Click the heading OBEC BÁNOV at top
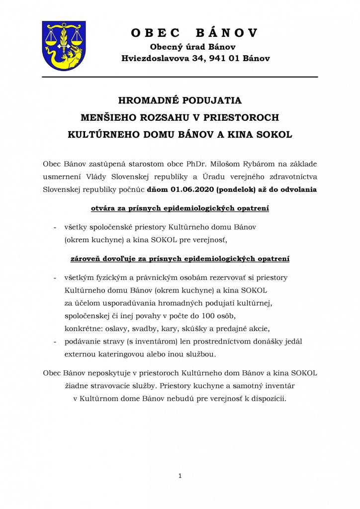pyautogui.click(x=194, y=33)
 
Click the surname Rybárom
pyautogui.click(x=265, y=163)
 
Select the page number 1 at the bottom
pyautogui.click(x=180, y=476)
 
